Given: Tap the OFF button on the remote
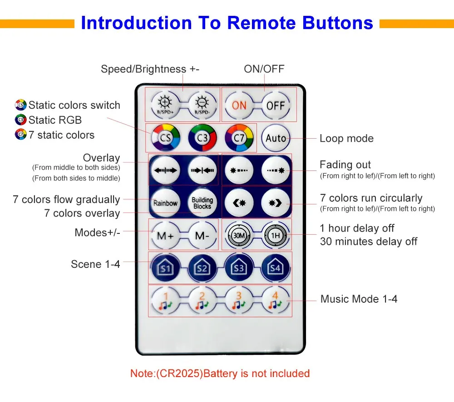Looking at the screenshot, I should [x=276, y=105].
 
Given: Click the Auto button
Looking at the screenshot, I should [x=276, y=138].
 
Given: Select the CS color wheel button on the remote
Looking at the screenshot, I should [x=165, y=138].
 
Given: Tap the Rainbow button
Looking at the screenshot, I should [x=165, y=203].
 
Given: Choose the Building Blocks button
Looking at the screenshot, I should [x=202, y=203].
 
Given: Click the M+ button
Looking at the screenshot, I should [x=165, y=236].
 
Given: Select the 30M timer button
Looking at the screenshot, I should [x=239, y=236].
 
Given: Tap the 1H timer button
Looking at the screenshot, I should [x=276, y=236].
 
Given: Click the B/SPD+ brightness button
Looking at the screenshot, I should [x=165, y=105].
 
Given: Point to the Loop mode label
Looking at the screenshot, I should [x=346, y=139].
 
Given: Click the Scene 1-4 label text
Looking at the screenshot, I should [x=95, y=264].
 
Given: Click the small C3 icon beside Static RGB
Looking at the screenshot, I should [x=20, y=120].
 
